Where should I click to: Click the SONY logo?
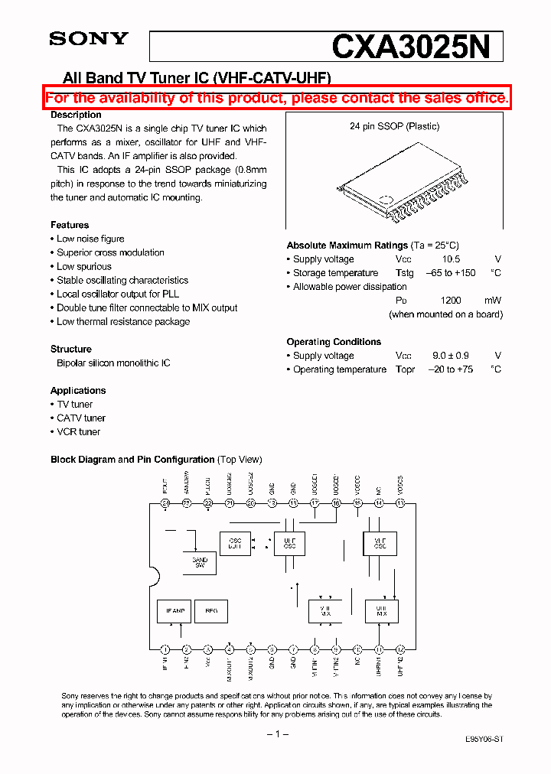pyautogui.click(x=89, y=39)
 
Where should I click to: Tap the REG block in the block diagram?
pyautogui.click(x=212, y=611)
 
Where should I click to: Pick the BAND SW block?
pyautogui.click(x=200, y=562)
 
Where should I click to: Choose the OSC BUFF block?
pyautogui.click(x=235, y=543)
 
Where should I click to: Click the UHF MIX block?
pyautogui.click(x=380, y=610)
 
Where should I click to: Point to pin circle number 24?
pyautogui.click(x=165, y=503)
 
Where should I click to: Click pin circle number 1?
pyautogui.click(x=165, y=649)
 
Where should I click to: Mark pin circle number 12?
pyautogui.click(x=400, y=649)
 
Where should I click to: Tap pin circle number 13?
pyautogui.click(x=400, y=503)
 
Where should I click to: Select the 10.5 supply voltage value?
pyautogui.click(x=451, y=259)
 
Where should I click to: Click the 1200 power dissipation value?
pyautogui.click(x=452, y=301)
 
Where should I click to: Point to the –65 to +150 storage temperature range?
pyautogui.click(x=450, y=273)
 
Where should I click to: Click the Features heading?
pyautogui.click(x=70, y=225)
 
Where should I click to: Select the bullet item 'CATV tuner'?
pyautogui.click(x=81, y=418)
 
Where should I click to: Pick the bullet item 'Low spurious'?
pyautogui.click(x=84, y=266)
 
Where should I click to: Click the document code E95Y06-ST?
pyautogui.click(x=484, y=740)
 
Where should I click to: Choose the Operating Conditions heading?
pyautogui.click(x=334, y=342)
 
